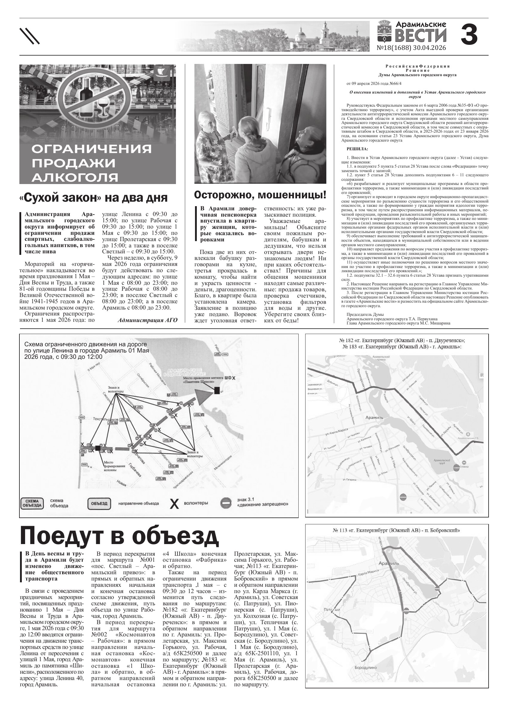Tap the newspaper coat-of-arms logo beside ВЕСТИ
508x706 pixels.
(385, 31)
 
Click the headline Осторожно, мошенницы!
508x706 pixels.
(260, 195)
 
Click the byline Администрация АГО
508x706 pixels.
(148, 320)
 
